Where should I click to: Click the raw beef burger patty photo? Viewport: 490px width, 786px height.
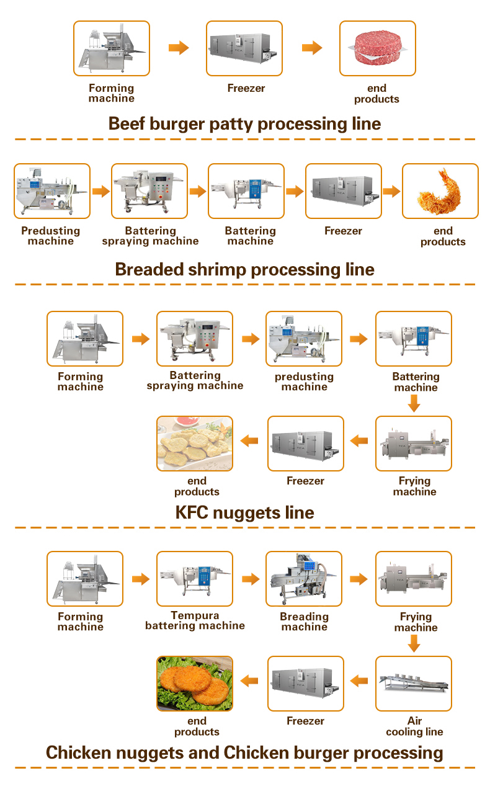pos(377,48)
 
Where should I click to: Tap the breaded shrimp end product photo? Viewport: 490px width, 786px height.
pos(440,191)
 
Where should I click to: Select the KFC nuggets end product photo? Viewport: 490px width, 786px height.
pos(195,443)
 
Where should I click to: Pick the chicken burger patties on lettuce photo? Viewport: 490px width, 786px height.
pos(195,683)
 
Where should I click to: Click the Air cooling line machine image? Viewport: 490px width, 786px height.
pos(414,683)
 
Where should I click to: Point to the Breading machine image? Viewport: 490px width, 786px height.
pos(304,579)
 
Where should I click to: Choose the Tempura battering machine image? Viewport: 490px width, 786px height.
pos(195,579)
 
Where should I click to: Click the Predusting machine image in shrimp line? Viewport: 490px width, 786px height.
pos(52,191)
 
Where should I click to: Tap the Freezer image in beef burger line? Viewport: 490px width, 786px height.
pos(244,48)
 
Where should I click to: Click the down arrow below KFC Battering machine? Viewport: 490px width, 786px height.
pos(414,404)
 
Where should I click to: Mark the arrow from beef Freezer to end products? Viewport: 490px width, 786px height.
pos(312,48)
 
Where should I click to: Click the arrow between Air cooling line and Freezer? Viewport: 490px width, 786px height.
pos(359,681)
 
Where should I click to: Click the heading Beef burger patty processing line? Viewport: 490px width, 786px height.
pos(244,123)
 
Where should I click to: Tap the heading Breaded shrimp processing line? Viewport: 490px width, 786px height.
pos(244,269)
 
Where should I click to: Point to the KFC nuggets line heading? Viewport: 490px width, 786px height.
pos(244,512)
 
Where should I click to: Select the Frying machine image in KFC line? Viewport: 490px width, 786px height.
pos(414,443)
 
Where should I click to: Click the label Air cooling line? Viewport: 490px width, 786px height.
pos(414,726)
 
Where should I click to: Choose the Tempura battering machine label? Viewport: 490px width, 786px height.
pos(195,621)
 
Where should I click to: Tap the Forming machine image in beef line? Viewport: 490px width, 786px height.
pos(112,48)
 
